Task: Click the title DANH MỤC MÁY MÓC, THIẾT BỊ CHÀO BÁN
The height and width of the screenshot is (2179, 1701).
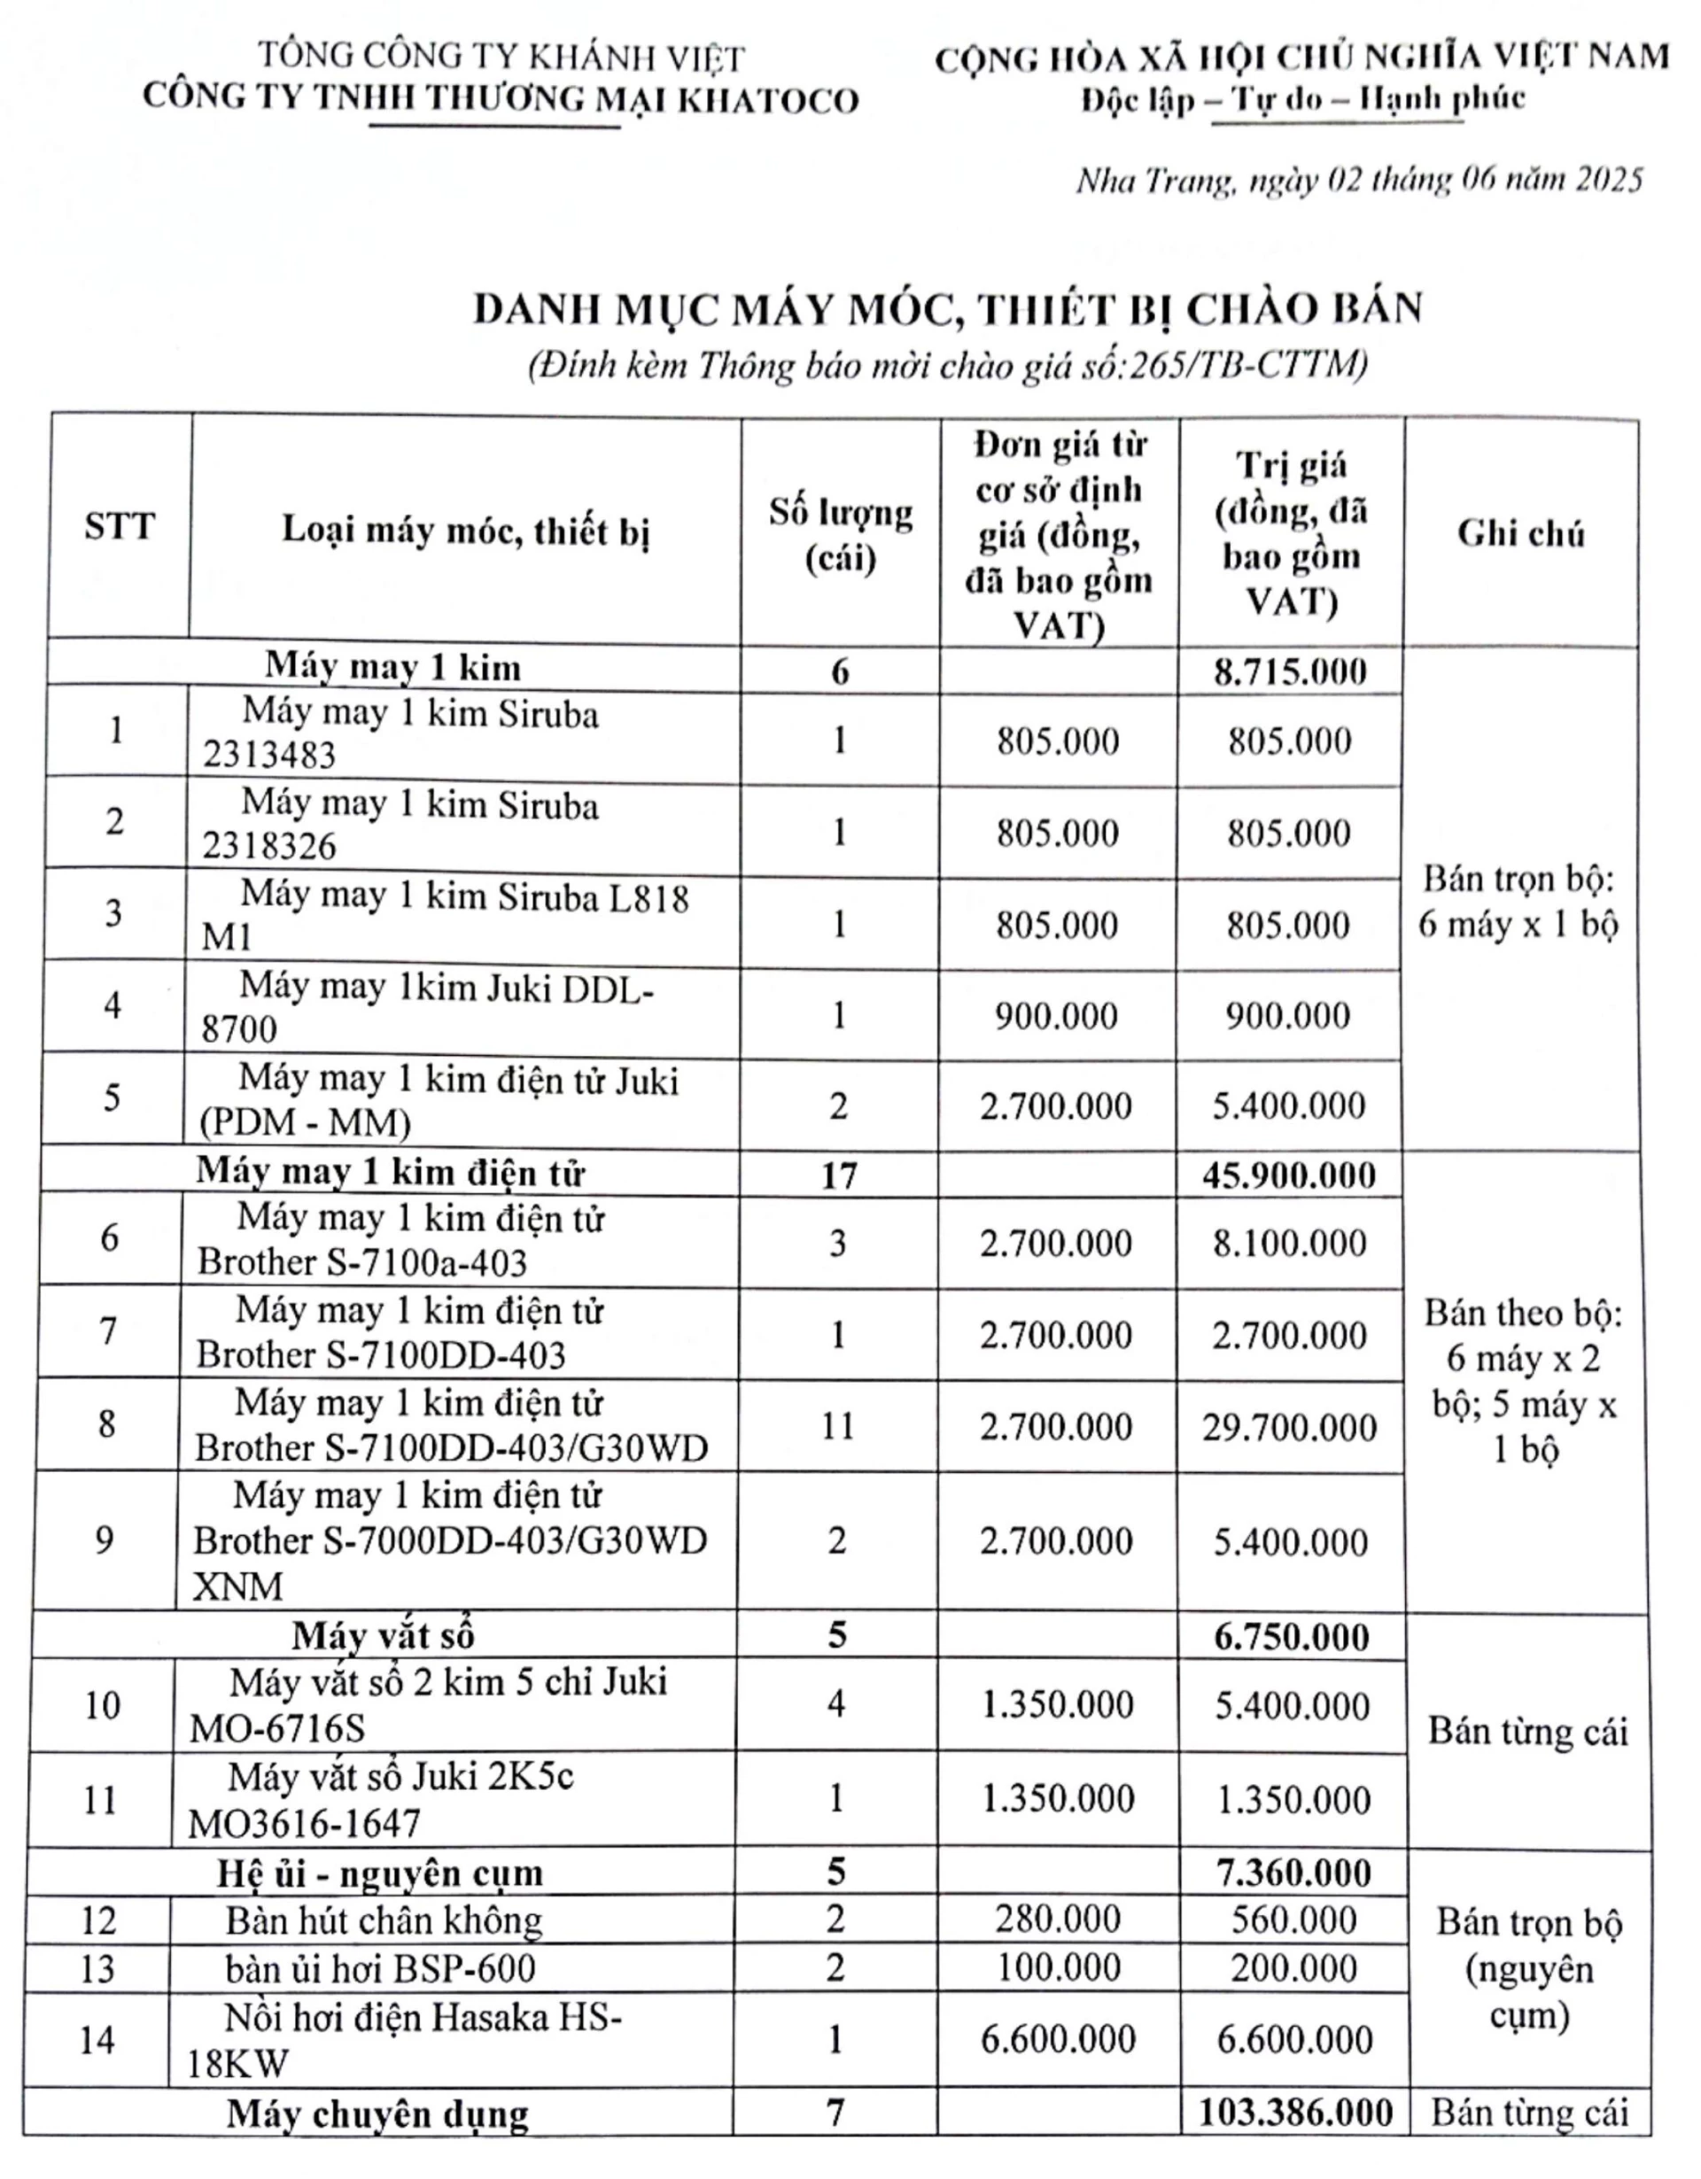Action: pos(947,309)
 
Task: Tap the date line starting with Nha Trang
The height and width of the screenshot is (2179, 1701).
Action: pos(1358,181)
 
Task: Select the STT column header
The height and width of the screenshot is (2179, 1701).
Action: pos(119,526)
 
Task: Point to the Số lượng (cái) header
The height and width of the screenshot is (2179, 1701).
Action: pos(840,534)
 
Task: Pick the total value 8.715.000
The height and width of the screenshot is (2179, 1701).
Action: pos(1290,671)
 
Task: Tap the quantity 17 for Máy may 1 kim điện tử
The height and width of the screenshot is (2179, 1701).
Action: pos(838,1175)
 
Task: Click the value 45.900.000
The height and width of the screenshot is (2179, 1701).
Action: pos(1289,1175)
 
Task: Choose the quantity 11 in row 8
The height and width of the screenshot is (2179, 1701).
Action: pos(837,1426)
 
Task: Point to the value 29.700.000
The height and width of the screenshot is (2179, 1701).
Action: pos(1289,1428)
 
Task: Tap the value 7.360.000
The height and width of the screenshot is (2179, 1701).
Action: pos(1293,1873)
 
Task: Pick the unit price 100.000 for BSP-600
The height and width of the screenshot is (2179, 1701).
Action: pos(1058,1968)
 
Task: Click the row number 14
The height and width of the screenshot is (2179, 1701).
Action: pos(97,2039)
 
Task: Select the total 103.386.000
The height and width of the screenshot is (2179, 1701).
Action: pos(1295,2113)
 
